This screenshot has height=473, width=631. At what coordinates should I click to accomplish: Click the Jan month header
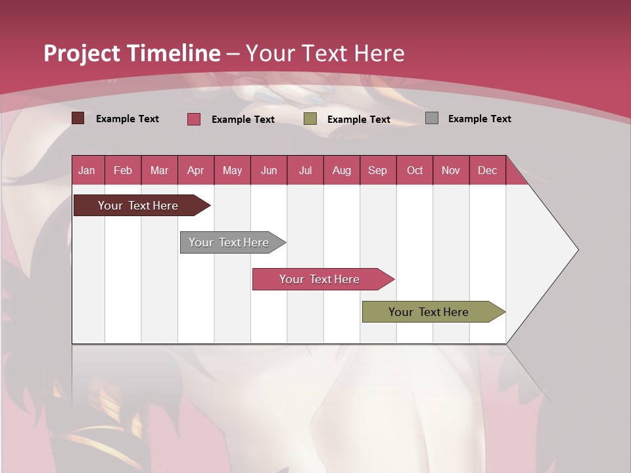point(87,170)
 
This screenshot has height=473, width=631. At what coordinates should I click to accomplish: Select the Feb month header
point(123,170)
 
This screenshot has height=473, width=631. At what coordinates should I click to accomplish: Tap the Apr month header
point(195,170)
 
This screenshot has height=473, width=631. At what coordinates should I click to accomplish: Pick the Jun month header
point(269,170)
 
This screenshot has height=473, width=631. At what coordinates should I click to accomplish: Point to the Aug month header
point(341,170)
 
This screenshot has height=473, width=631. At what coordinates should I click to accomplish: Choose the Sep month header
point(377,170)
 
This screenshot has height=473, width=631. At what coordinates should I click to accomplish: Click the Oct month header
point(415,170)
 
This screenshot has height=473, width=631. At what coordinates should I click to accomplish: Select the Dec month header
point(487,170)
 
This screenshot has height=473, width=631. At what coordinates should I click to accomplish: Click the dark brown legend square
point(78,118)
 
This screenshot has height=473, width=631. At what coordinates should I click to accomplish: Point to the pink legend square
point(193,119)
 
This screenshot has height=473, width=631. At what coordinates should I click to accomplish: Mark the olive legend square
point(310,119)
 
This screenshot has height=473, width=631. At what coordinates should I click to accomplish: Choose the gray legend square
point(431,118)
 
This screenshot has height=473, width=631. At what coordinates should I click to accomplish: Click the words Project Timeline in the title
point(131,53)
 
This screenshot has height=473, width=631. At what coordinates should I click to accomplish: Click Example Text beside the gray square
point(479,119)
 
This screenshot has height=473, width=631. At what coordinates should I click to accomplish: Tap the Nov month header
point(451,170)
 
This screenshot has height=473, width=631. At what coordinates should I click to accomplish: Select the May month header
point(232,170)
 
